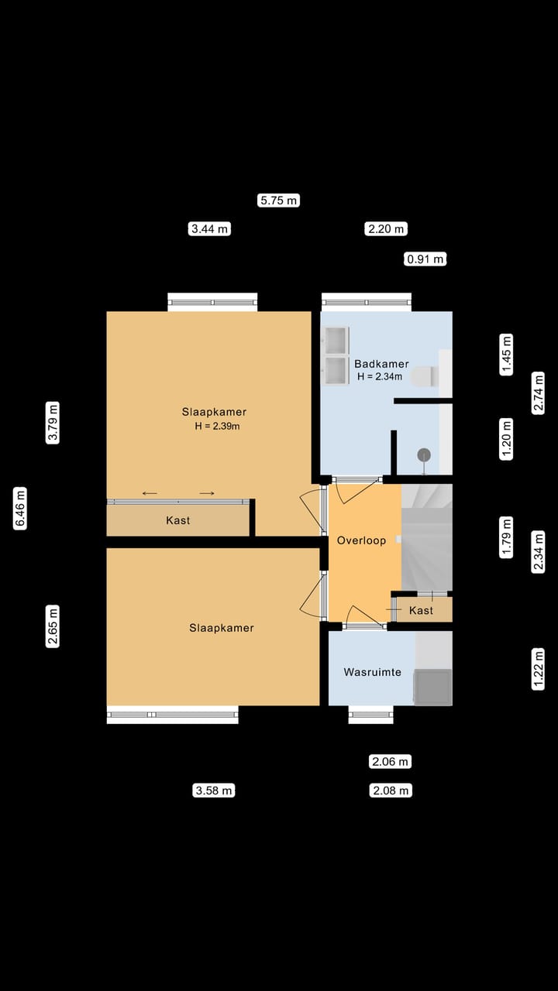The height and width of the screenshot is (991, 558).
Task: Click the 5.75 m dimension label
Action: [x=278, y=201]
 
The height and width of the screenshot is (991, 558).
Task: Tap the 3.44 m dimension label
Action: [x=210, y=228]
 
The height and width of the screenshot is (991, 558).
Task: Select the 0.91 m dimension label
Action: [x=425, y=259]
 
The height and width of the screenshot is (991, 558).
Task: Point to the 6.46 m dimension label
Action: [x=21, y=508]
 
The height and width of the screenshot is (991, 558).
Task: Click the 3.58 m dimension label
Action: [x=213, y=790]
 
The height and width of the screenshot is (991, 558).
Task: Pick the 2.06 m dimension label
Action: [x=390, y=762]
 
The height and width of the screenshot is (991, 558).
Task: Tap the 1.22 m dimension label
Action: [x=539, y=668]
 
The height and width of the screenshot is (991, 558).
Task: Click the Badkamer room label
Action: [x=381, y=364]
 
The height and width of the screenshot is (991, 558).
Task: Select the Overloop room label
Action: [x=361, y=540]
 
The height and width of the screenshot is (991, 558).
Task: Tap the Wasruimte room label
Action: [x=373, y=672]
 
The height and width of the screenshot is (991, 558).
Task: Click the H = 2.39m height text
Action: [x=218, y=427]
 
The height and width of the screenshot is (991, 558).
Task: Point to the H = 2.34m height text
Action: [x=380, y=377]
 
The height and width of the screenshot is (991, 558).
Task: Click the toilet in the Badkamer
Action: [x=423, y=376]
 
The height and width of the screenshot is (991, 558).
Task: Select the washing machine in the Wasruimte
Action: [x=432, y=687]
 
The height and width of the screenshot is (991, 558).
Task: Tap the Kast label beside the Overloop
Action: [x=421, y=611]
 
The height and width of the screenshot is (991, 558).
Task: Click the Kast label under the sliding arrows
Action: [x=178, y=521]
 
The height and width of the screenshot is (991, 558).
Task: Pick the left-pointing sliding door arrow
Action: [x=150, y=493]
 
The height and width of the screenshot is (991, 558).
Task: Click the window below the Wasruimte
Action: [x=370, y=715]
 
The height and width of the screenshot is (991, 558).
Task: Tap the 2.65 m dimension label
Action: [x=53, y=626]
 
